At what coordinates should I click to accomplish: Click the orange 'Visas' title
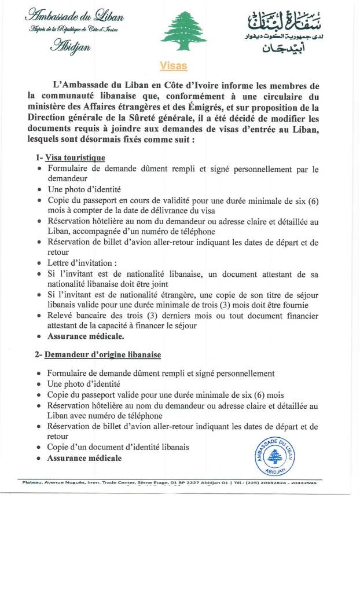tap(173, 66)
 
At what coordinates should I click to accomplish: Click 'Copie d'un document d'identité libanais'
tap(118, 447)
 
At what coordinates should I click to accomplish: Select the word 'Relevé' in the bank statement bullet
tap(61, 315)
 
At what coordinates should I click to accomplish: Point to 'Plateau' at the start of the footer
tap(32, 482)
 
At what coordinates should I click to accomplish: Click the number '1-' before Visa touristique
tap(39, 158)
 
